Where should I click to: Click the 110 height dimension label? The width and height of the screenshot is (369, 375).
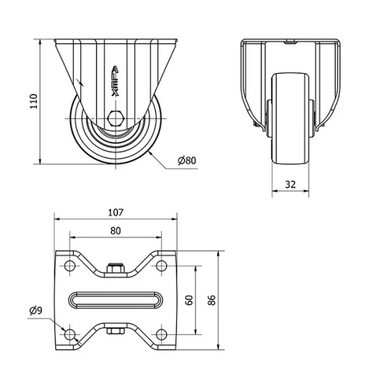pos(32,100)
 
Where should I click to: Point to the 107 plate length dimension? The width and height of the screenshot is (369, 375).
pos(115,213)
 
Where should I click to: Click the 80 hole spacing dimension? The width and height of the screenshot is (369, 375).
pos(115,230)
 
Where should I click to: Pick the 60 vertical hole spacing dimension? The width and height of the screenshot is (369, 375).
pos(189,300)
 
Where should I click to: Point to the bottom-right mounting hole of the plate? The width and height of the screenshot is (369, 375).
pos(162,334)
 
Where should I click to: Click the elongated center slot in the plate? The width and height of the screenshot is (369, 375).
pos(115,300)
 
